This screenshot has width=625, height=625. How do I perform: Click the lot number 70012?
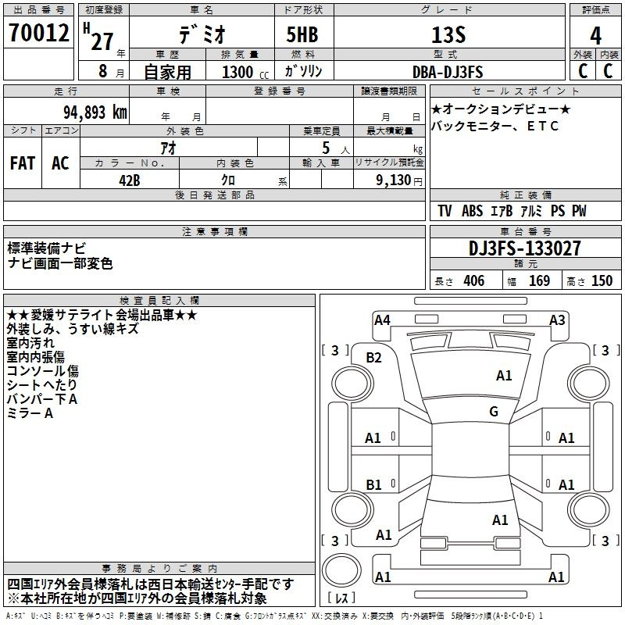point(38,32)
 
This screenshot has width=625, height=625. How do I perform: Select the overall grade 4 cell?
point(595,35)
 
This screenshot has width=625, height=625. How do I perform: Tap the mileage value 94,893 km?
point(95,112)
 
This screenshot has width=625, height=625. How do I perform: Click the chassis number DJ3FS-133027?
point(524,248)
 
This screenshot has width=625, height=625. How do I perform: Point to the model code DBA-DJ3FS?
point(448,72)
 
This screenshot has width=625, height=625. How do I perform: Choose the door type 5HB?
point(302,34)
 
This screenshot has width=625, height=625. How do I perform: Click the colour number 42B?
point(130,180)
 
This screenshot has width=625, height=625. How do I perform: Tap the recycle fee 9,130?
point(394,180)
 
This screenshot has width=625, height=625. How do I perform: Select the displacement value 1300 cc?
point(245,72)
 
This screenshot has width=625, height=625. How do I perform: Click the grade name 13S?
point(448,35)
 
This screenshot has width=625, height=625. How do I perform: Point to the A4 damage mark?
point(382,320)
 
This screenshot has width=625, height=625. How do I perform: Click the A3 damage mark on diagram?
point(557,320)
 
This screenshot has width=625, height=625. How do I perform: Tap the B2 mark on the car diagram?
point(374,358)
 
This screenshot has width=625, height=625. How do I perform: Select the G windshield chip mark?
point(494,412)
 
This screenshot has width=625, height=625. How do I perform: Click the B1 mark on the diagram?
point(374,484)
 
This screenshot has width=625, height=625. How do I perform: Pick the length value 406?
point(474,280)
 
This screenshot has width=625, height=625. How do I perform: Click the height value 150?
point(602,280)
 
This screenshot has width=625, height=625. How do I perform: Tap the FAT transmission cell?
point(23,163)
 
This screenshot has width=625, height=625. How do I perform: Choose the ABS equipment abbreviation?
point(473,211)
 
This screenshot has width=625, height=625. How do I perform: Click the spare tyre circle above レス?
point(341,570)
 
